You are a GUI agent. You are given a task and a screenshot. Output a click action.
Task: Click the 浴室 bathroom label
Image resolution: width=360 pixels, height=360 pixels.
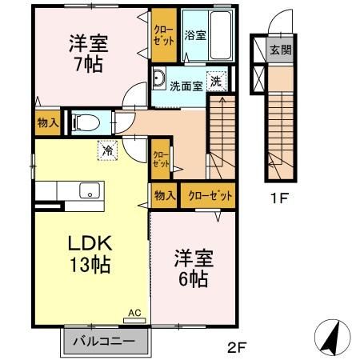pos(194,35)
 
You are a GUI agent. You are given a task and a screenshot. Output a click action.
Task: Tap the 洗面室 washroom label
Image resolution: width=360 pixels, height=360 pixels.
pos(186,86)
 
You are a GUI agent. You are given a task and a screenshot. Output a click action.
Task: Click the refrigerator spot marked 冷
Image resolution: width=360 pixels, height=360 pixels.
pos(107,148)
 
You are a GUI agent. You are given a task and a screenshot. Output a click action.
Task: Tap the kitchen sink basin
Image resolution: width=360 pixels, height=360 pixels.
pos(89,190)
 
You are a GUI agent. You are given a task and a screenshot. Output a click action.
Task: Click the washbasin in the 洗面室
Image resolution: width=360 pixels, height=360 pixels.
pos(157,79)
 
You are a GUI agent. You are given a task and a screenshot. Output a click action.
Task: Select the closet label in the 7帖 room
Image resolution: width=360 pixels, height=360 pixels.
pos(163,36)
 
